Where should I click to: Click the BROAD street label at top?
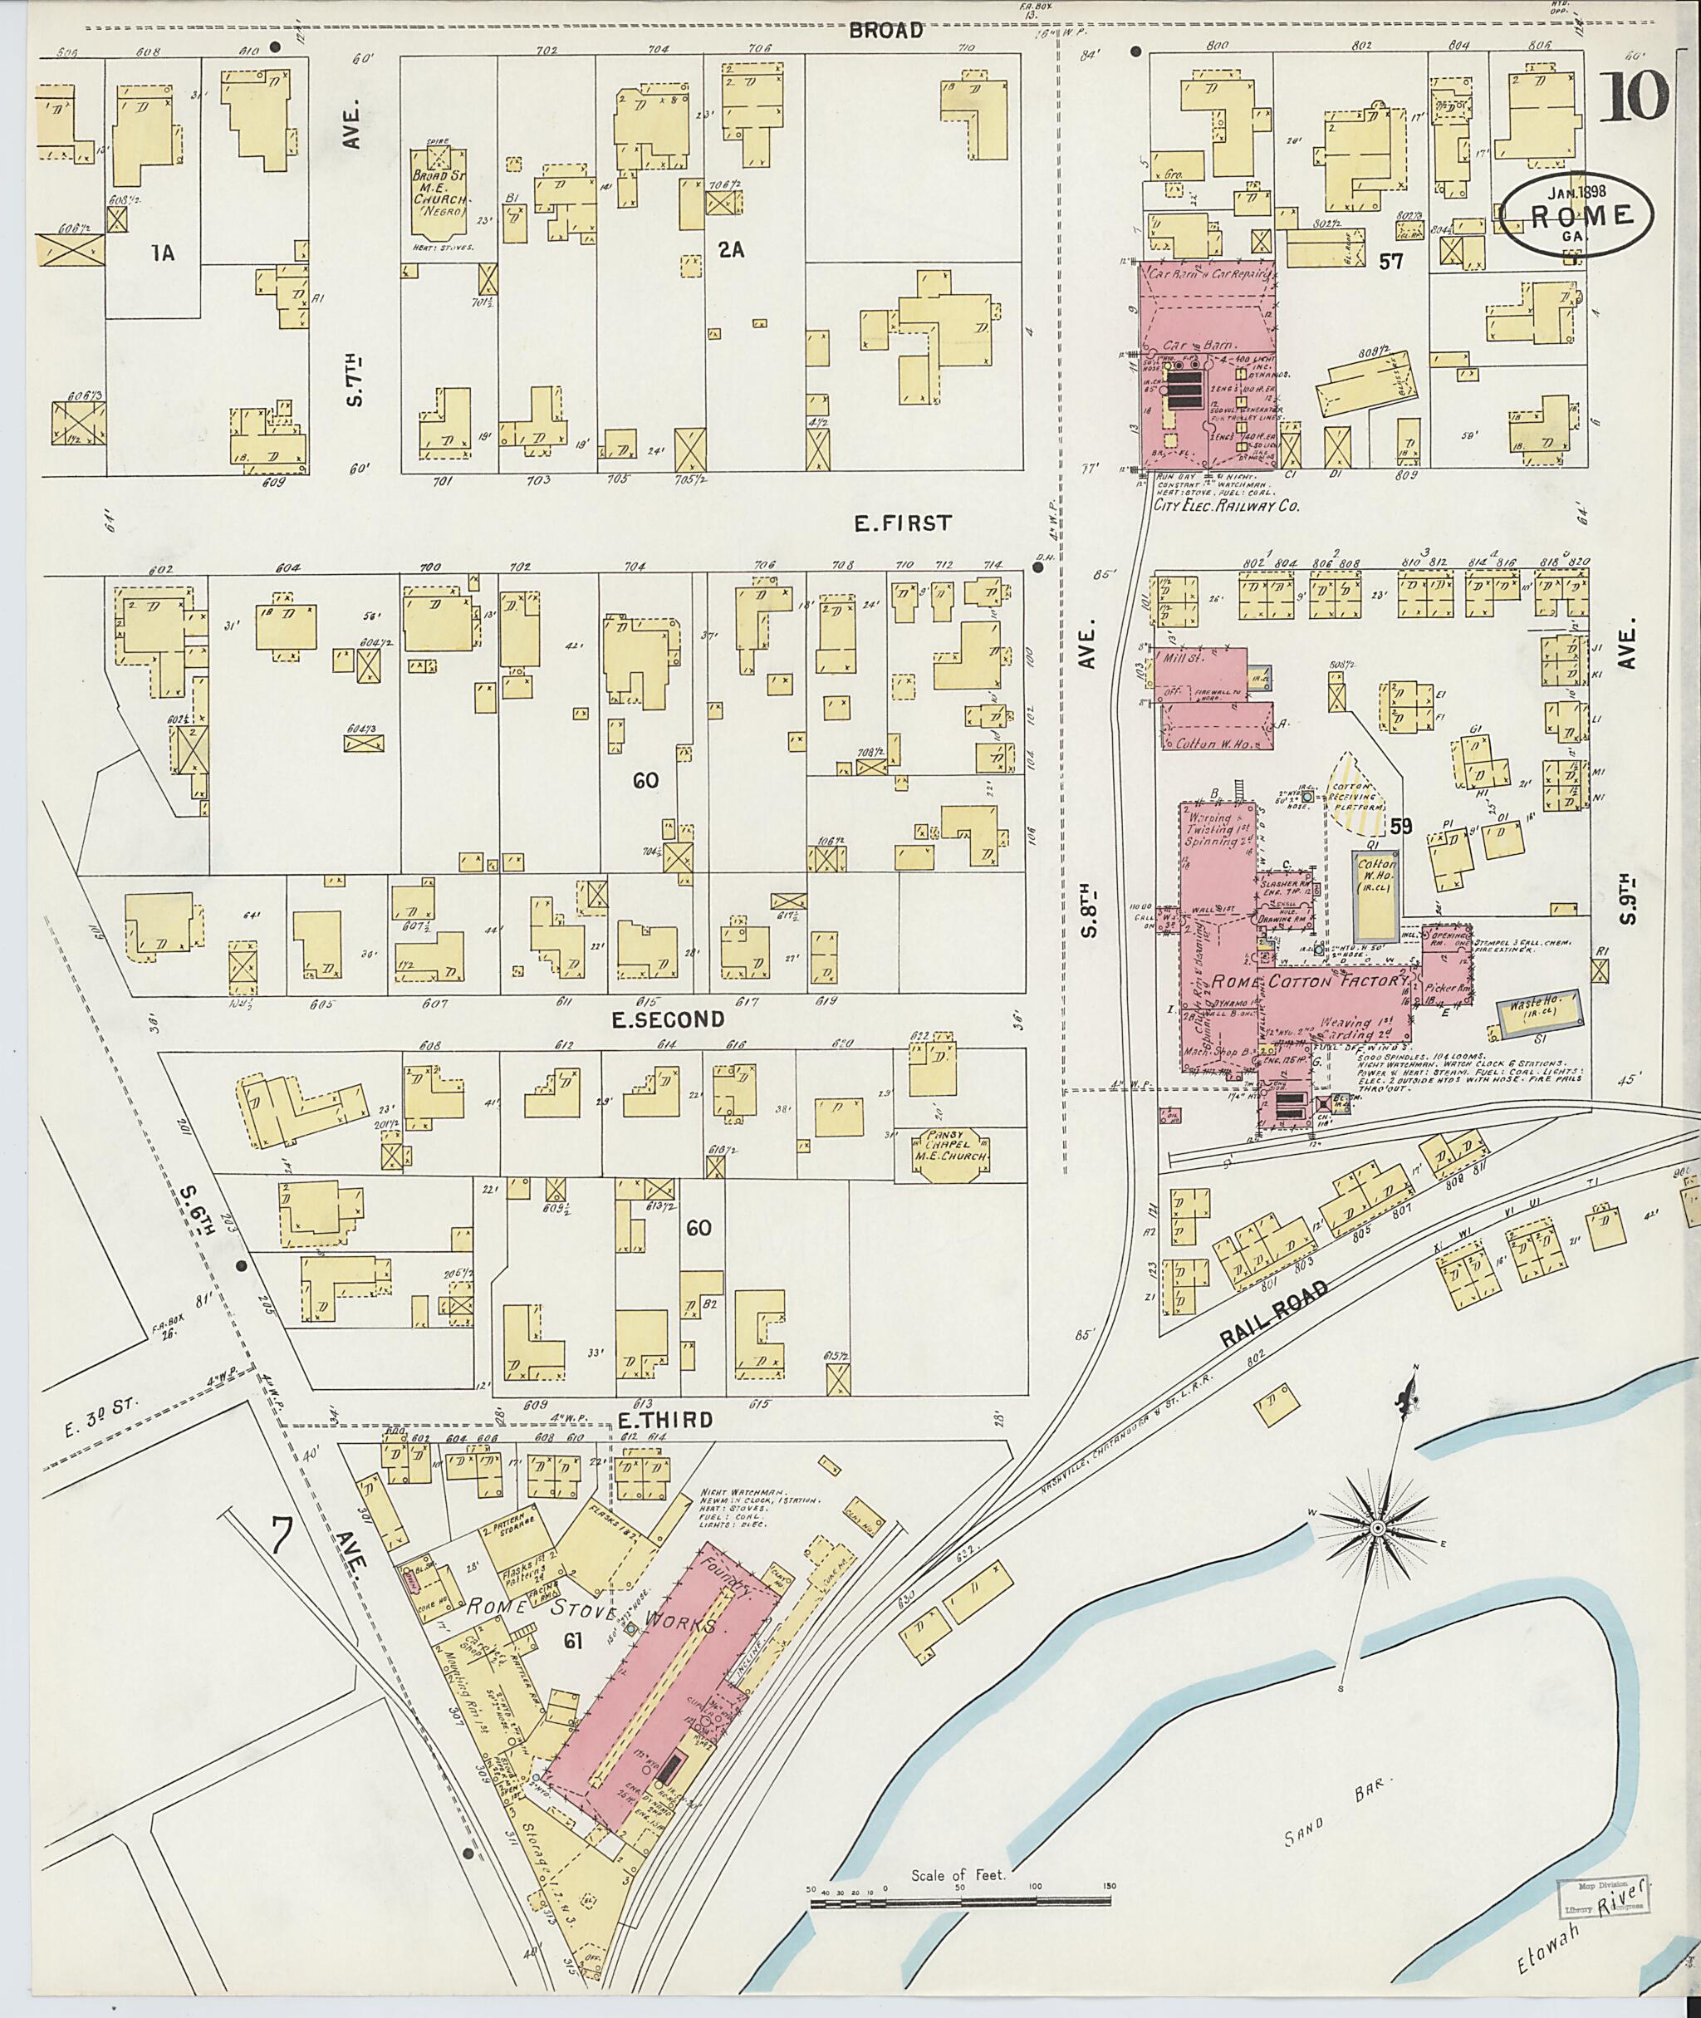pyautogui.click(x=885, y=31)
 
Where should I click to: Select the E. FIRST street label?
pyautogui.click(x=903, y=523)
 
